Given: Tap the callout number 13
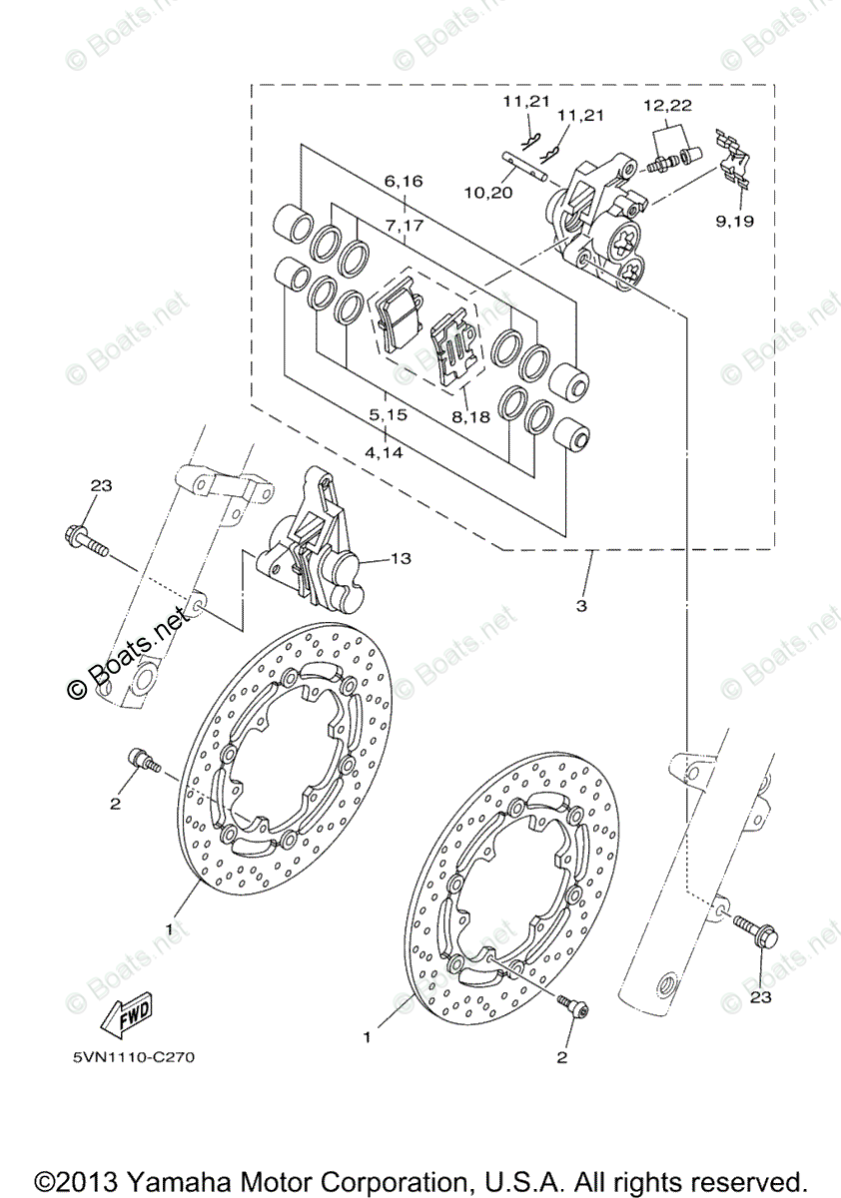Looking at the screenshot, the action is point(400,560).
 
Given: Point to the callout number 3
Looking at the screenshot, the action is point(580,606).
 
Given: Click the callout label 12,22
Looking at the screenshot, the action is point(666,105).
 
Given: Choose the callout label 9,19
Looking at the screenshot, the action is point(734,221).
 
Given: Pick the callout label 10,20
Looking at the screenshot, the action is point(487,192).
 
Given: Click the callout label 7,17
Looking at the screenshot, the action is point(403,226).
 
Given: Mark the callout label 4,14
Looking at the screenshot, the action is point(386,452).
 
